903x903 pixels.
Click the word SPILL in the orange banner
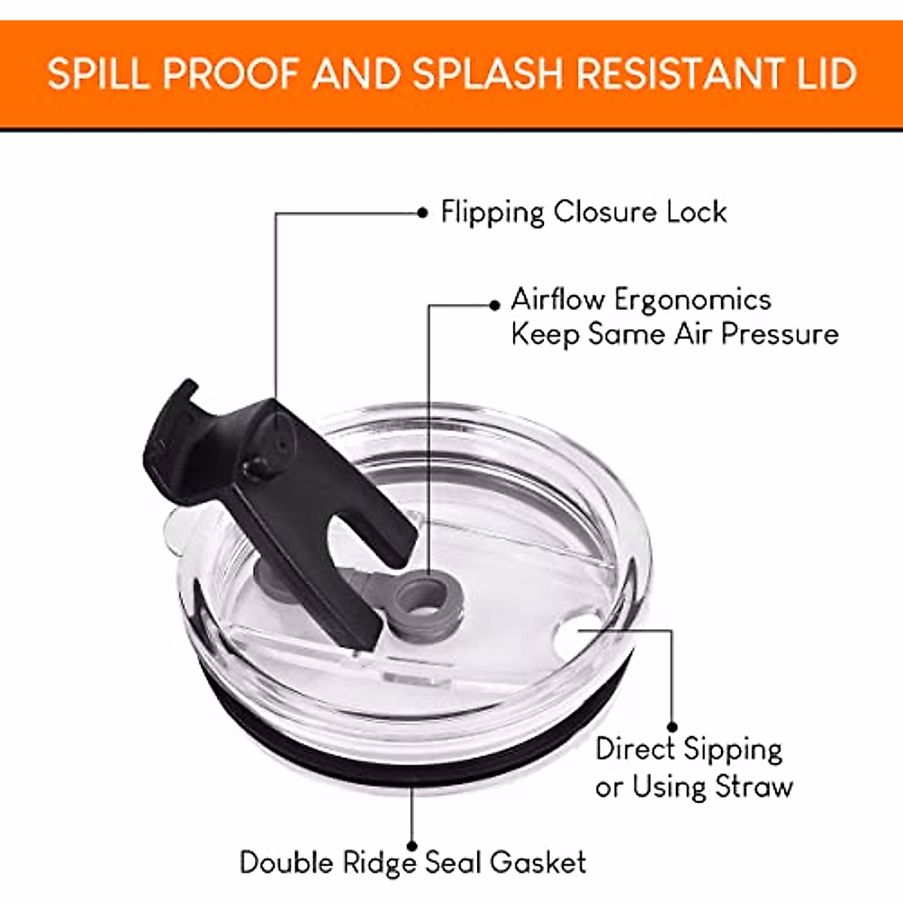point(99,74)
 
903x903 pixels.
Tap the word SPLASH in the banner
point(487,74)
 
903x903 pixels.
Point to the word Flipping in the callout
point(492,213)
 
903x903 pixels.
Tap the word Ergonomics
point(692,301)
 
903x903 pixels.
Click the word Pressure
point(780,335)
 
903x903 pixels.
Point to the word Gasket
point(539,862)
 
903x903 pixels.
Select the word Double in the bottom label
point(287,862)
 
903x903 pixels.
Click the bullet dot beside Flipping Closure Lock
point(422,213)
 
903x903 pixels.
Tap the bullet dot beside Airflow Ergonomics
point(494,306)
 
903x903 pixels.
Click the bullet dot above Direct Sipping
point(672,727)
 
